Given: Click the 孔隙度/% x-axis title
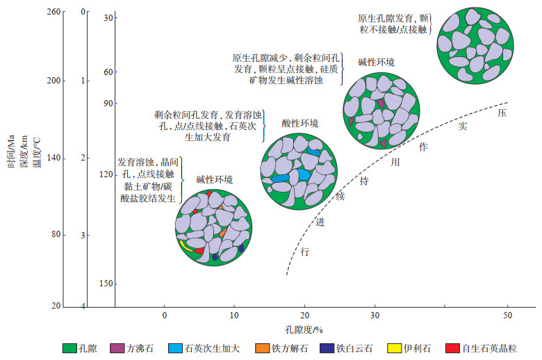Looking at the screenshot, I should click(305, 329).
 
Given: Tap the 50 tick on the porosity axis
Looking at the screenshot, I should click(508, 314).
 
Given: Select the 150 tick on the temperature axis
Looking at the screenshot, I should click(104, 284).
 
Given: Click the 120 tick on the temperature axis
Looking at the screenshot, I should click(104, 174).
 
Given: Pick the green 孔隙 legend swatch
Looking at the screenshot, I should click(70, 347).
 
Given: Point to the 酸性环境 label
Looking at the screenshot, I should click(299, 124).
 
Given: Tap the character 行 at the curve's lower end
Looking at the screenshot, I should click(304, 252).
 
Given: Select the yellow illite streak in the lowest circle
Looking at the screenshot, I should click(186, 246).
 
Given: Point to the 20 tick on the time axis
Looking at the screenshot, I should click(57, 306).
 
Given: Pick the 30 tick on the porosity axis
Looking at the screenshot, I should click(375, 314).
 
